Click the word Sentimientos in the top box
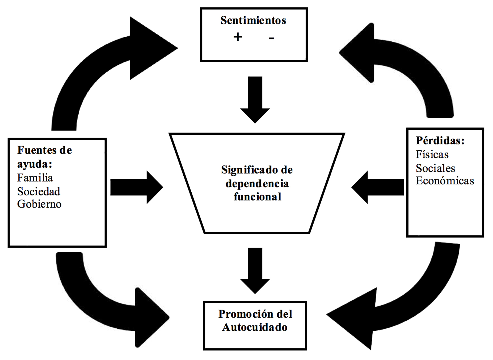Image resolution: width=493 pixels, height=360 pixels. [253, 21]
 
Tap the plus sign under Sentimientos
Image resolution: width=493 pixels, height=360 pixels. [238, 37]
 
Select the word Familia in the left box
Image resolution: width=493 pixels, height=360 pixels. [35, 178]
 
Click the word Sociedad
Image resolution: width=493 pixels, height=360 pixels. [38, 191]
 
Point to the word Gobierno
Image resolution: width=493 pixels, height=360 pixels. [39, 204]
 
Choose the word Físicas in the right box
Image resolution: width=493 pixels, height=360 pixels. [432, 154]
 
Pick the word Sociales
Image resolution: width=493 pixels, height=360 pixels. [435, 168]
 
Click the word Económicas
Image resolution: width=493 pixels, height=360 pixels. [445, 181]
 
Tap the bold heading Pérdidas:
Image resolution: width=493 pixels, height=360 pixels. [440, 140]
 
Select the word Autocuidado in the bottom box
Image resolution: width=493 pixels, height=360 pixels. [255, 327]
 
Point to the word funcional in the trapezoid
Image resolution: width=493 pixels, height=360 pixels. [257, 197]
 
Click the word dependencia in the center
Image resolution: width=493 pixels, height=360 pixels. [257, 183]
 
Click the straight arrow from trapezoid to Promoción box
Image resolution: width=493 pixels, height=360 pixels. [255, 270]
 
